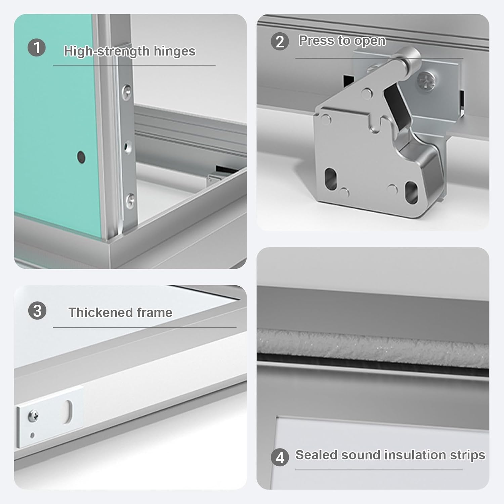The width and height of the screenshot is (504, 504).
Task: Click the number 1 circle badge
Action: pos(36,47)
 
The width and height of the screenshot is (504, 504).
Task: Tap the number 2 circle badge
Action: pos(280,42)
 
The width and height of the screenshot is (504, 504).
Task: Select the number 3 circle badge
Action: pos(37,310)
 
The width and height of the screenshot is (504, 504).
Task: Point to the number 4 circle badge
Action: pos(280,457)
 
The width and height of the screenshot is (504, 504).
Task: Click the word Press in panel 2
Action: pos(317,41)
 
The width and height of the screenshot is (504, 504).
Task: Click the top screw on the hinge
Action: pos(127,91)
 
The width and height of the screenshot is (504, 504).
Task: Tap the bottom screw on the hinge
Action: pos(130,201)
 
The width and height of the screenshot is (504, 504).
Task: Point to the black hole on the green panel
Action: pos(81,157)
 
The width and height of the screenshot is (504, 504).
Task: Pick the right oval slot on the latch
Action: pos(411,192)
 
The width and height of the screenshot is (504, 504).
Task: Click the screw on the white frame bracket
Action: pos(33,416)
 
